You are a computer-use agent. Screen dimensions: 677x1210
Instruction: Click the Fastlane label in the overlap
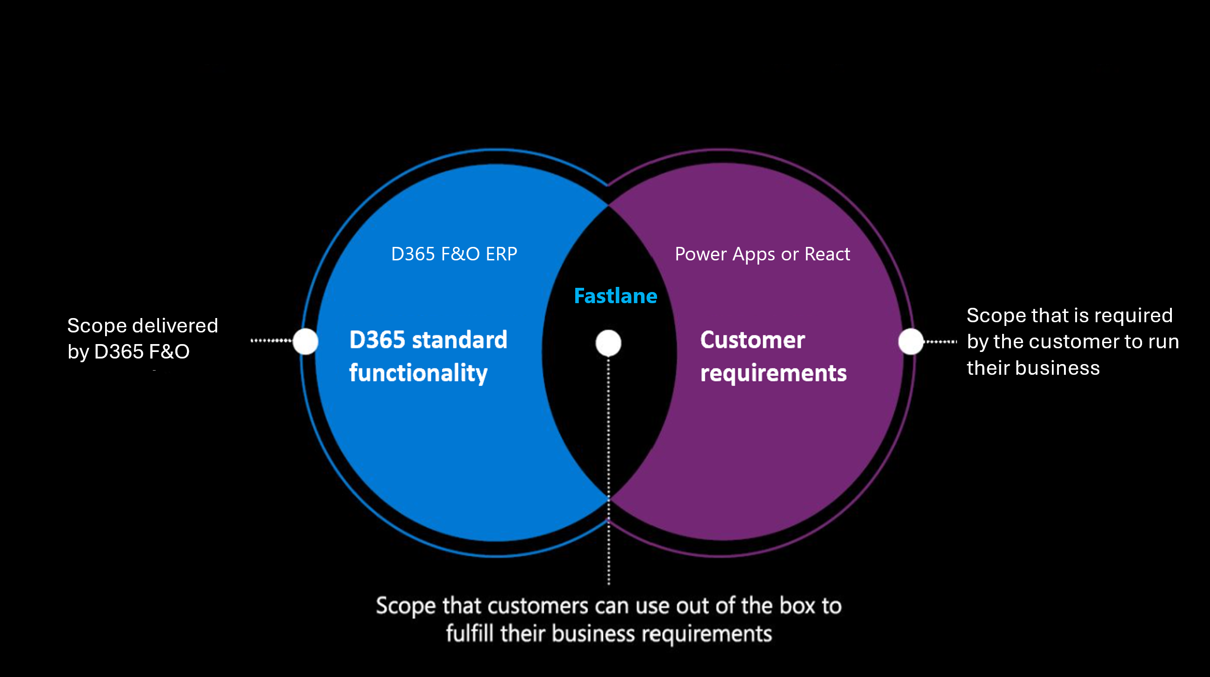[x=615, y=296]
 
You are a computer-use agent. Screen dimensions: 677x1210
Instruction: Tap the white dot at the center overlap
[x=608, y=343]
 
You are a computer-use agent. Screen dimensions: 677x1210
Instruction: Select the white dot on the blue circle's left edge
[x=306, y=341]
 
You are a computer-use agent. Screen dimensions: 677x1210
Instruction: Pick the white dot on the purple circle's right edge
[x=911, y=342]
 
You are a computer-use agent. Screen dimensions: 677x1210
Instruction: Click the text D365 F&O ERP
[x=454, y=254]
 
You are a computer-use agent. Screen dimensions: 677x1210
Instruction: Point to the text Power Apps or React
[x=762, y=254]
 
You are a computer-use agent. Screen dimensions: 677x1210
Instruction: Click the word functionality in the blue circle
[x=418, y=373]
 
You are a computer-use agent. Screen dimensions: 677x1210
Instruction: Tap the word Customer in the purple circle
[x=752, y=340]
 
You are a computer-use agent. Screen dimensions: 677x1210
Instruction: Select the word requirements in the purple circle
[x=773, y=373]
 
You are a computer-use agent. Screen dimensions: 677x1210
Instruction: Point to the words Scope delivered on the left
[x=142, y=325]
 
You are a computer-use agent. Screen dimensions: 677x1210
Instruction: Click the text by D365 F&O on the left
[x=128, y=352]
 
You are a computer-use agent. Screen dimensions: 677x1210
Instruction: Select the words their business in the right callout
[x=1033, y=368]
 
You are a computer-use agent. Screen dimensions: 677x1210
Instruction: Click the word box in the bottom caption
[x=797, y=605]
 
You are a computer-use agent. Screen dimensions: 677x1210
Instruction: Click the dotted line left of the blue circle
[x=271, y=341]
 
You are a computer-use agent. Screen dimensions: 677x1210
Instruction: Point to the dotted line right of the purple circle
[x=940, y=342]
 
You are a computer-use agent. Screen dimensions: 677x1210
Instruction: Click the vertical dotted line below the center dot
[x=609, y=470]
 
